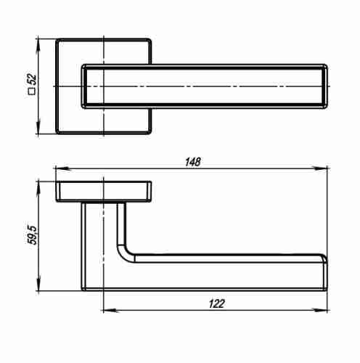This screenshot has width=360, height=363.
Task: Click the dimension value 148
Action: (193, 162)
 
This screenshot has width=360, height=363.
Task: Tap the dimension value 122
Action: (216, 303)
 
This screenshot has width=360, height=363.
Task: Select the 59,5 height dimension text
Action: (32, 235)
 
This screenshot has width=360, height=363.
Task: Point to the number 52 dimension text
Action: (32, 79)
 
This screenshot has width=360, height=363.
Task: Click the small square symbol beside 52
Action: (32, 91)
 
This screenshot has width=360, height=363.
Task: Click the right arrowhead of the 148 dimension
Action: (320, 168)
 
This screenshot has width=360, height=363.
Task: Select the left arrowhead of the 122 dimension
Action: (111, 310)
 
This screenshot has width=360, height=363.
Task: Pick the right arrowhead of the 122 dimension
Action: (320, 310)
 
